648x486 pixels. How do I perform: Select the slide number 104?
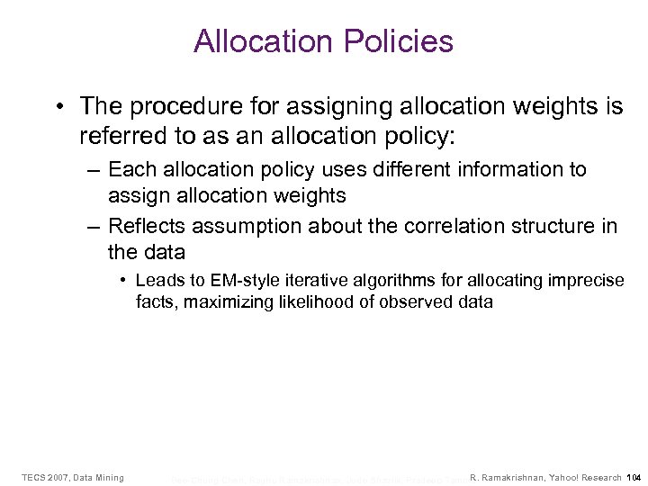pos(633,477)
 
